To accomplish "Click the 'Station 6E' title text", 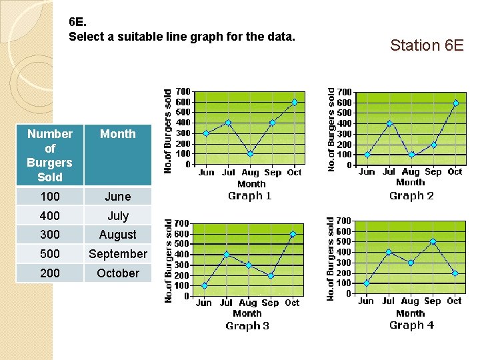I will pyautogui.click(x=427, y=45).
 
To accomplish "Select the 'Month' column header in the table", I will pyautogui.click(x=117, y=134).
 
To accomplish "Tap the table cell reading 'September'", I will pyautogui.click(x=117, y=254).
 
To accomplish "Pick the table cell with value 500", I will pyautogui.click(x=49, y=254).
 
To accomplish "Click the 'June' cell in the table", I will pyautogui.click(x=117, y=197).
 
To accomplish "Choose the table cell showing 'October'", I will pyautogui.click(x=117, y=273).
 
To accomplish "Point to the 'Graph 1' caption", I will pyautogui.click(x=250, y=195).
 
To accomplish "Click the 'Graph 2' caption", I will pyautogui.click(x=411, y=195).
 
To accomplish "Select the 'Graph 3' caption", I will pyautogui.click(x=247, y=326).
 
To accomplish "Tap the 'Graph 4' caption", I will pyautogui.click(x=411, y=325).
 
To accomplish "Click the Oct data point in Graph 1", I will pyautogui.click(x=295, y=102).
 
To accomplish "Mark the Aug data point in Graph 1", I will pyautogui.click(x=250, y=154).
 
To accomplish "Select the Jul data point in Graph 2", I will pyautogui.click(x=389, y=123).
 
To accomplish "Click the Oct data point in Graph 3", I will pyautogui.click(x=292, y=234).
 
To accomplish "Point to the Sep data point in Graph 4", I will pyautogui.click(x=433, y=241).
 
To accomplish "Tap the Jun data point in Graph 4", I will pyautogui.click(x=367, y=283).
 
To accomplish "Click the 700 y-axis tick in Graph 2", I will pyautogui.click(x=345, y=91).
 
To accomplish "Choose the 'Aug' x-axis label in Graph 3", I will pyautogui.click(x=247, y=303).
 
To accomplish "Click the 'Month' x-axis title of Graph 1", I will pyautogui.click(x=251, y=183).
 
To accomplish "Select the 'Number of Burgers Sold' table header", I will pyautogui.click(x=49, y=155).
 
